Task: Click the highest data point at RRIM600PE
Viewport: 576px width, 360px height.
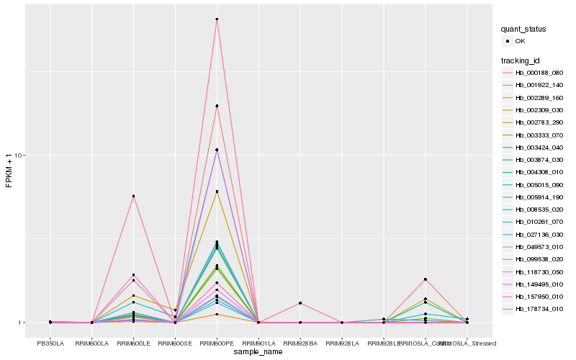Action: click(x=217, y=19)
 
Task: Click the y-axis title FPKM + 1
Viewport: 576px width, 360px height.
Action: click(x=9, y=171)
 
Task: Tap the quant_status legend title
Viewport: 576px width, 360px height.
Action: click(x=523, y=30)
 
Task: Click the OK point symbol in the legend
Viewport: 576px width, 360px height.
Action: click(x=508, y=42)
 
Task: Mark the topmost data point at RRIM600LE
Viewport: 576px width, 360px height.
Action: click(x=133, y=196)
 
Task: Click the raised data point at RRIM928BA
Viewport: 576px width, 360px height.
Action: click(x=300, y=303)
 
